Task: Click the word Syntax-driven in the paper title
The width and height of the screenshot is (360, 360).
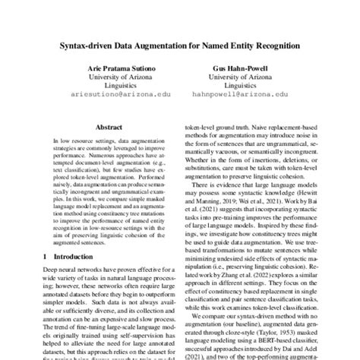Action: [x=91, y=46]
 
